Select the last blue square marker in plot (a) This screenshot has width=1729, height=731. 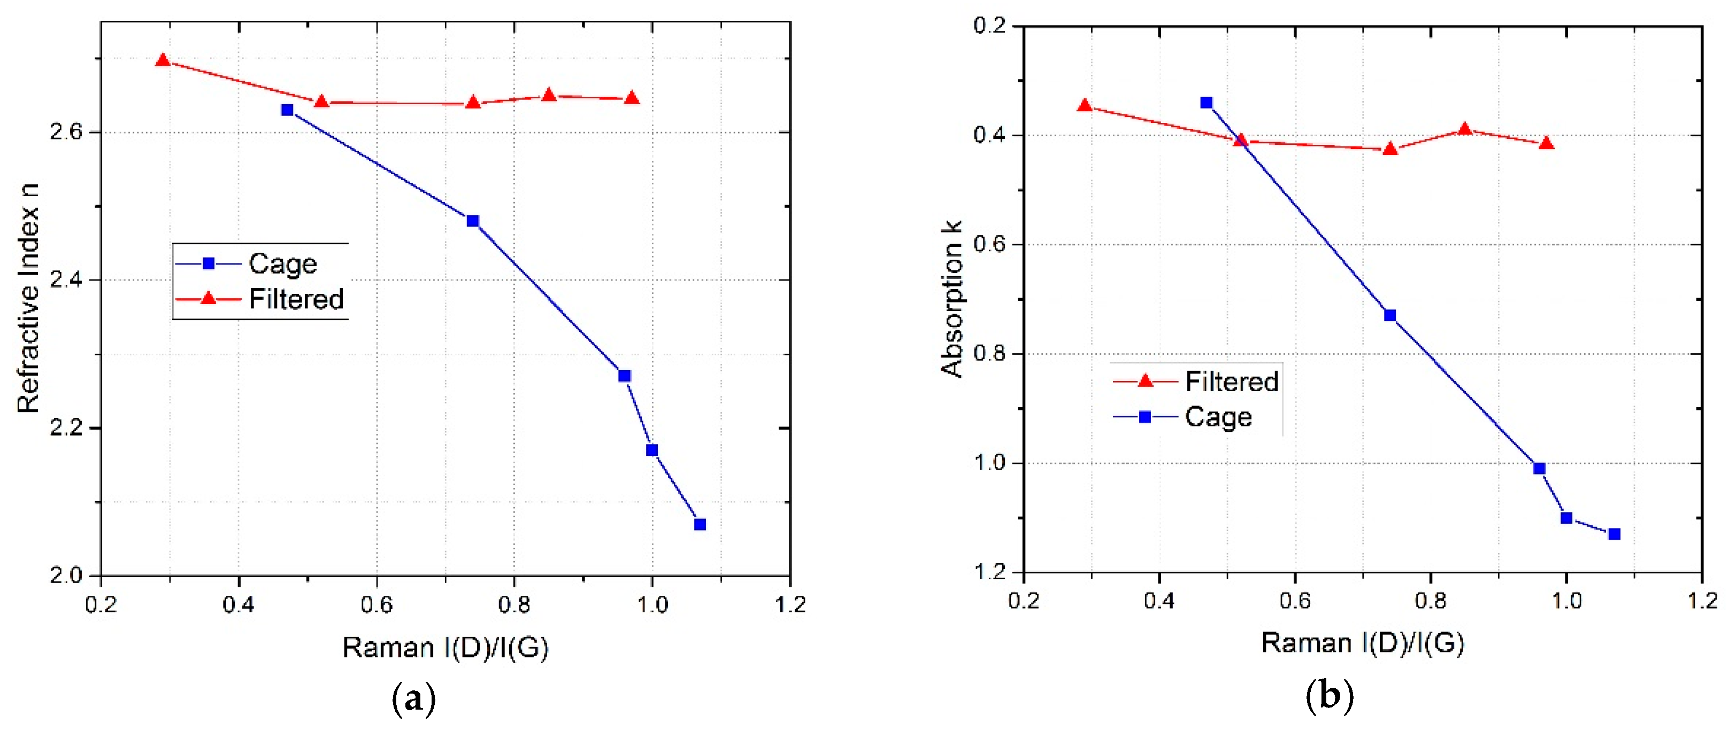coord(700,524)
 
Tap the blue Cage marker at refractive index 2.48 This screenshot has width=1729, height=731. coord(473,221)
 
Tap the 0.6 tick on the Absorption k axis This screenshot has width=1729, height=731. coord(990,245)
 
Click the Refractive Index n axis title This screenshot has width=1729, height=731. coord(28,298)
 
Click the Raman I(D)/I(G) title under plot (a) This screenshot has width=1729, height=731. coord(445,648)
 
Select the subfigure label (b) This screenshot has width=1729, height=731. coord(1329,696)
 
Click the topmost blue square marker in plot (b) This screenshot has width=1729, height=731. coord(1206,103)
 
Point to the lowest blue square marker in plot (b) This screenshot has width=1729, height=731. coord(1614,534)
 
